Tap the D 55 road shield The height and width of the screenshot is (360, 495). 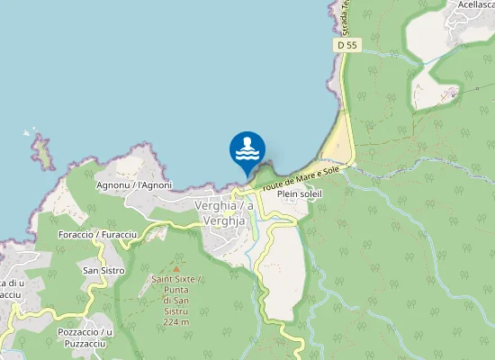[348, 44]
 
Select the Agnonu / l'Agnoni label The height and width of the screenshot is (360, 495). [133, 185]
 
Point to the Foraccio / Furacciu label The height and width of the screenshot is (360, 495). [96, 234]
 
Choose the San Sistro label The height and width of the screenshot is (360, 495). [103, 270]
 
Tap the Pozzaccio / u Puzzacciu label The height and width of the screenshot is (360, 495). [83, 337]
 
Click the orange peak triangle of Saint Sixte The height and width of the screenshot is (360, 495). [176, 268]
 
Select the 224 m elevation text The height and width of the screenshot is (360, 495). [176, 322]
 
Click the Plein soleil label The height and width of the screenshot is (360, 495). [300, 193]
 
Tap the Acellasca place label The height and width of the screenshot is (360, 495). [471, 4]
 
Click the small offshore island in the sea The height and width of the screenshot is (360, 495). [42, 152]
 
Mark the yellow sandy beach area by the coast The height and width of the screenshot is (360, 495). [337, 144]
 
